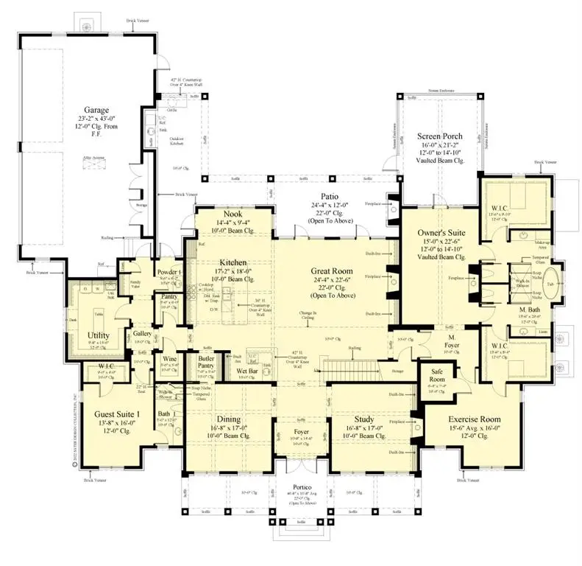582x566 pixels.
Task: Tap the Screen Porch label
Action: point(439,136)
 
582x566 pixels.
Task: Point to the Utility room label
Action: point(99,334)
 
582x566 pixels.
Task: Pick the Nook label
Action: point(233,214)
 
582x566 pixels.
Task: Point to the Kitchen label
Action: point(233,262)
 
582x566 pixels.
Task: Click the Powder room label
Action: point(169,271)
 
